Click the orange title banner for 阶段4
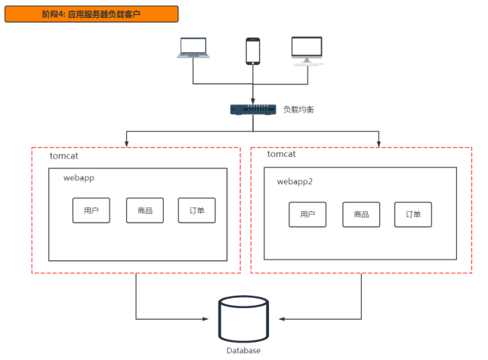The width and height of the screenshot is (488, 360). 91,14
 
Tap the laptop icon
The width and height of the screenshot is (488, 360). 193,48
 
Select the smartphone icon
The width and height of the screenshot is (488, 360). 253,51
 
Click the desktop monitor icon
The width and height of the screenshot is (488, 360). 307,51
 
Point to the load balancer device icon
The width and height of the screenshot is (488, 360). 253,109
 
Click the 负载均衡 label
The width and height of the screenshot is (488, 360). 298,109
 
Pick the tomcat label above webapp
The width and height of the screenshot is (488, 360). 63,155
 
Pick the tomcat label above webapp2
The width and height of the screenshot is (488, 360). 281,154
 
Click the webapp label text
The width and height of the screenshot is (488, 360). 79,178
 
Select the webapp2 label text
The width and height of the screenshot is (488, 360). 295,182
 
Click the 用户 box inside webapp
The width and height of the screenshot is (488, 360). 91,211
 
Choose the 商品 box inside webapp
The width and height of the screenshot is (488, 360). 145,211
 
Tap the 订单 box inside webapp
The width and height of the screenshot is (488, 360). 196,211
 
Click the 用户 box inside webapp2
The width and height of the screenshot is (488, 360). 307,214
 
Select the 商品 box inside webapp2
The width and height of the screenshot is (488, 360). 361,214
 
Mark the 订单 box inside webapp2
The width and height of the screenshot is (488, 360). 413,214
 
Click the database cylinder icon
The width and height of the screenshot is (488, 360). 243,319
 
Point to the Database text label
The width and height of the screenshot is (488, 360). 243,351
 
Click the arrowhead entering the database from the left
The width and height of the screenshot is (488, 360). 205,318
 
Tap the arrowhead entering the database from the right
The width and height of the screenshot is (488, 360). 282,318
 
